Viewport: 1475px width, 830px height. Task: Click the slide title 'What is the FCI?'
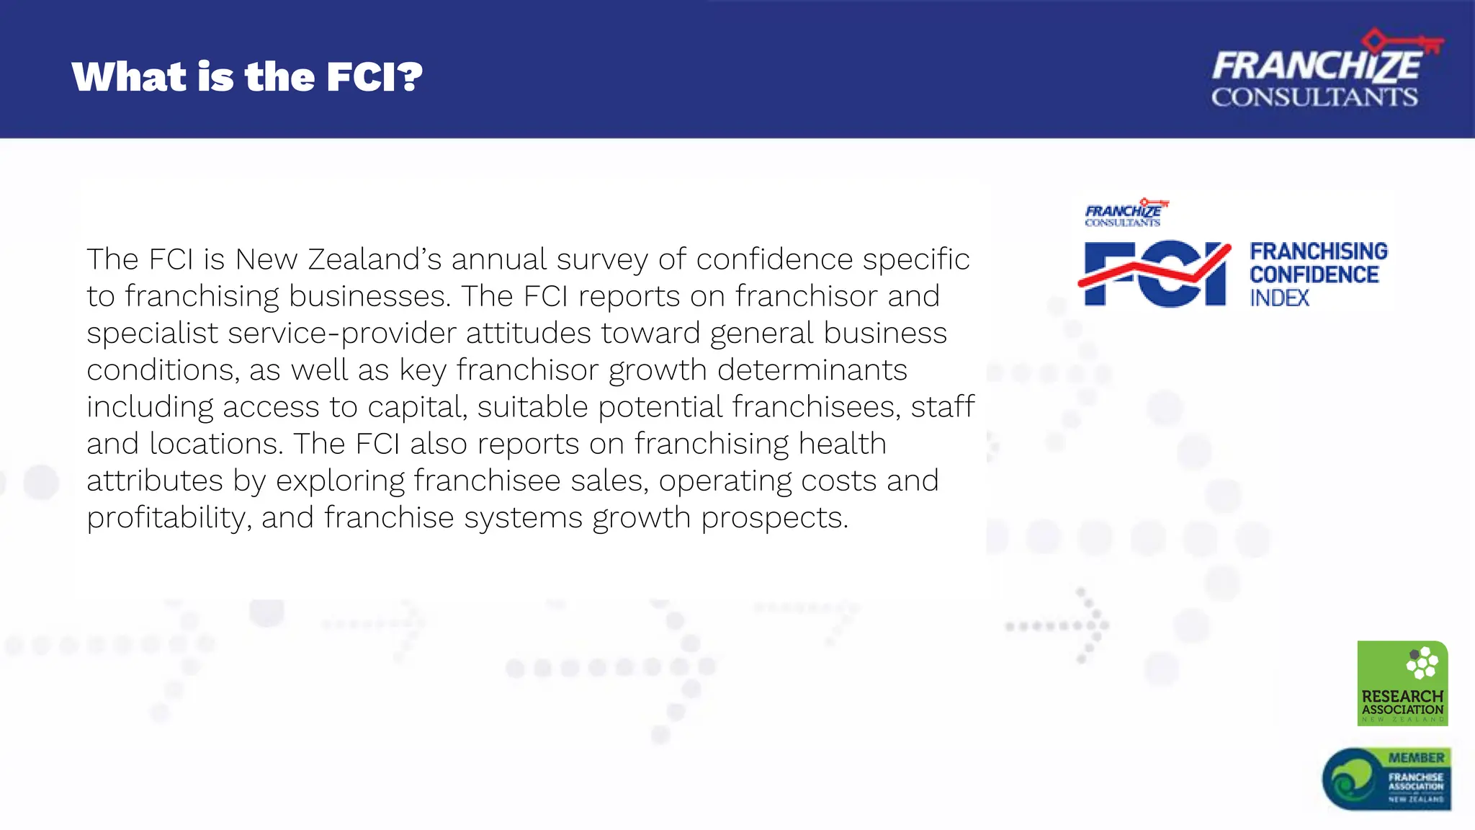coord(246,76)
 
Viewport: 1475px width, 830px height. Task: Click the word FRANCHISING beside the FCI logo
coord(1318,251)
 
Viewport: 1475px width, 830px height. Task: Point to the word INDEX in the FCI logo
coord(1279,298)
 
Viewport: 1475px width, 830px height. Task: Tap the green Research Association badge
coord(1402,682)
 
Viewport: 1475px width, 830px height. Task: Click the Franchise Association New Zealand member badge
coord(1386,779)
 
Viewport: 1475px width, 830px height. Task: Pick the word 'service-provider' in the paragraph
coord(340,333)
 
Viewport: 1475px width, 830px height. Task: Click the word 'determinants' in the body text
coord(812,370)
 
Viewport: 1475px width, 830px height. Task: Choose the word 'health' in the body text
coord(842,444)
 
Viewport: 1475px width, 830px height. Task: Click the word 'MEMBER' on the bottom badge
coord(1416,758)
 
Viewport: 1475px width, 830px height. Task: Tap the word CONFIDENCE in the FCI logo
coord(1314,275)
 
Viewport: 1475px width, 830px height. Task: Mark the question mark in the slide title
coord(410,76)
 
